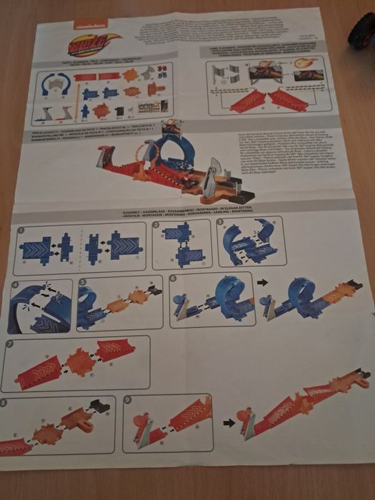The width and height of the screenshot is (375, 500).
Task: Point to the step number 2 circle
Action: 156,226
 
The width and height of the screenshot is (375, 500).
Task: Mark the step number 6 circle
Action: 173,278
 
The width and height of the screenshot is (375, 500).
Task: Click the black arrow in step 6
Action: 262,283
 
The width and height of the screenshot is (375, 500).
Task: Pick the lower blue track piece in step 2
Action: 190,256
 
